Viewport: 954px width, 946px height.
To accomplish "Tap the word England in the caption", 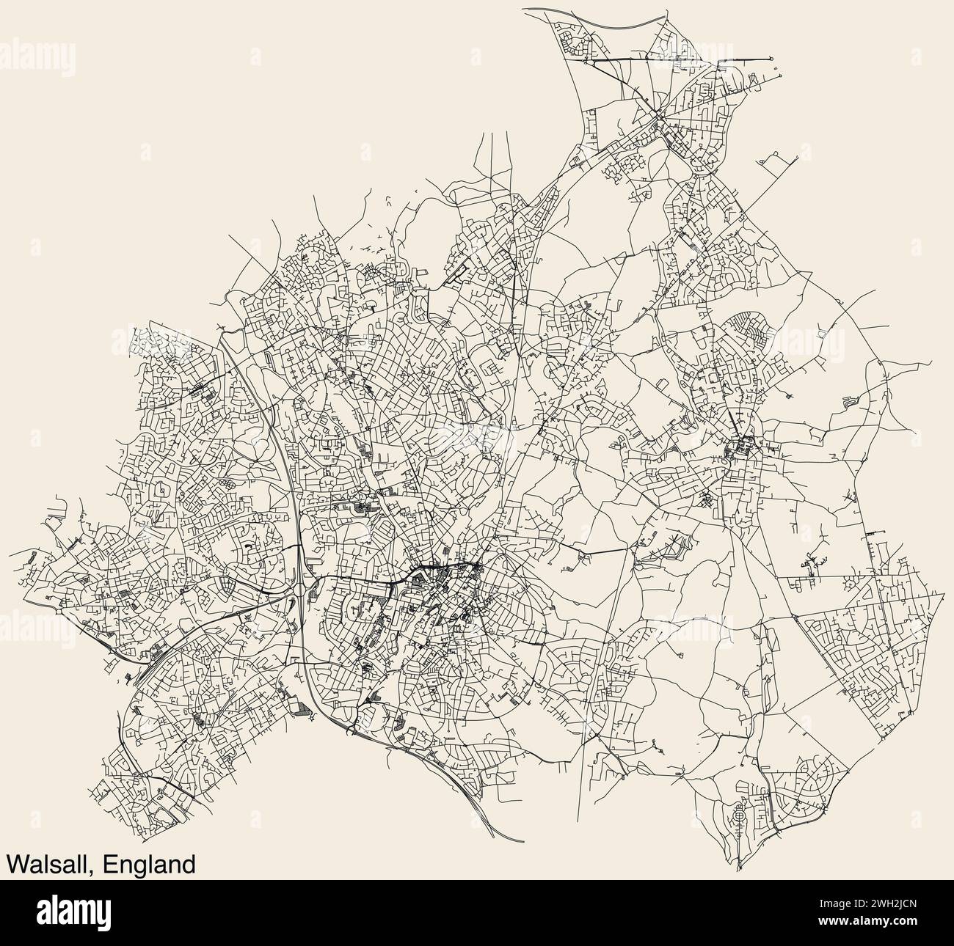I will tap(150, 864).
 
